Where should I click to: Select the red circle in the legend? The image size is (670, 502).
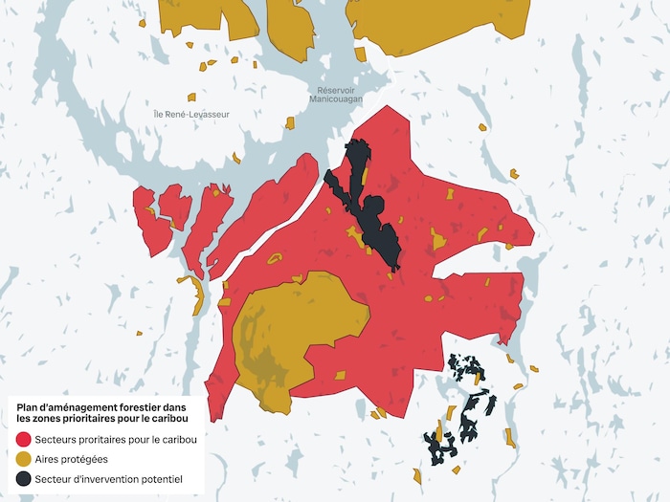pyautogui.click(x=24, y=440)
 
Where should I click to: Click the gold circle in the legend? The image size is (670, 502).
pyautogui.click(x=24, y=459)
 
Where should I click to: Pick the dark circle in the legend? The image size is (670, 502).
pyautogui.click(x=24, y=478)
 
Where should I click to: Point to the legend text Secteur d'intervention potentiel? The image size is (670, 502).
pyautogui.click(x=108, y=478)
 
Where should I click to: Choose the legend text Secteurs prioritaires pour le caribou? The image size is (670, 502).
pyautogui.click(x=116, y=440)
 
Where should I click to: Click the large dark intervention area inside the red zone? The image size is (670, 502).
pyautogui.click(x=368, y=206)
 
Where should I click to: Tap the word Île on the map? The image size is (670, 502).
pyautogui.click(x=160, y=114)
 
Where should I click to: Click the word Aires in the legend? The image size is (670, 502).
pyautogui.click(x=48, y=459)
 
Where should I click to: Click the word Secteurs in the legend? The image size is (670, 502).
pyautogui.click(x=56, y=440)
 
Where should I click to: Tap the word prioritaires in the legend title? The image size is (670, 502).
pyautogui.click(x=92, y=419)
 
